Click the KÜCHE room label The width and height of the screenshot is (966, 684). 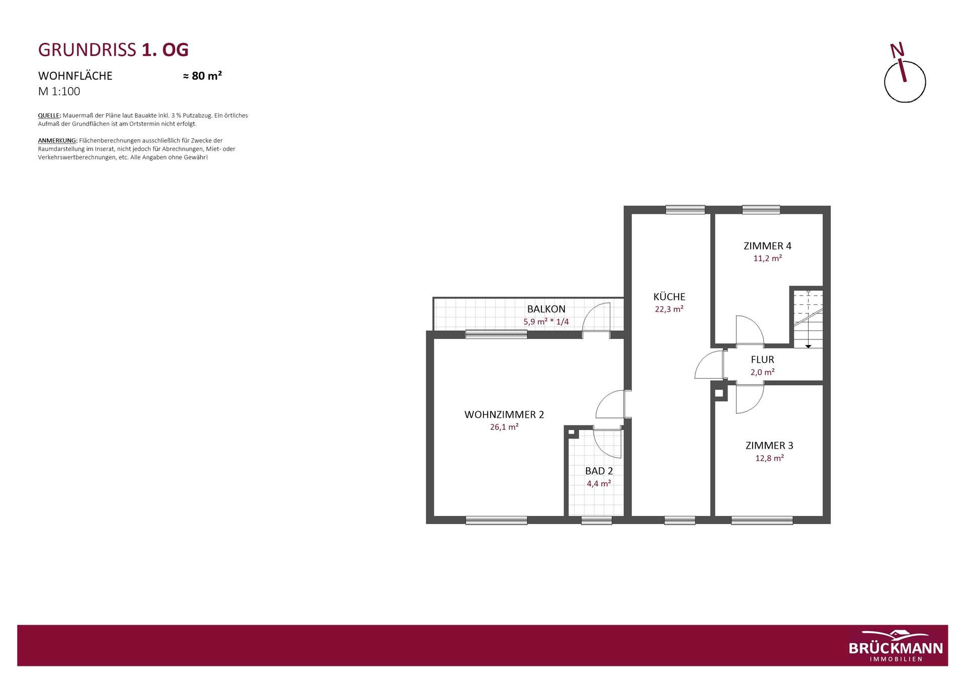pos(669,297)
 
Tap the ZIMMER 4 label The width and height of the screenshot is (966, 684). pos(767,246)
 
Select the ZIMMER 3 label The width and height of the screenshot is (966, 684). pos(769,446)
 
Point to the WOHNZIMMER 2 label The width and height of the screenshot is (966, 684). pos(504,415)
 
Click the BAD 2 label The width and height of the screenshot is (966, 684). pos(599,471)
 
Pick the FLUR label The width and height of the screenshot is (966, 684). pos(762,360)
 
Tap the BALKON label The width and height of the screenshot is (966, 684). pos(546,309)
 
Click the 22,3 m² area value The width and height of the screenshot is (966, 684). pos(669,309)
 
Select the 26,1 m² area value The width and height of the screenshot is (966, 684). pos(504,427)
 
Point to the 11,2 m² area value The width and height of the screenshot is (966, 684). pos(767,259)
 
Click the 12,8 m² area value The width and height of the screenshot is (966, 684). pos(769,458)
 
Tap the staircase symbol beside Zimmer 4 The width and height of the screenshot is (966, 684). pos(808,319)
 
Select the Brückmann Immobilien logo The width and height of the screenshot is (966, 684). pos(896,646)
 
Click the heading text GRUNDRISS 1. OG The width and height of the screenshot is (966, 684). pos(113,50)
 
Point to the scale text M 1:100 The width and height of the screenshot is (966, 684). pos(59,92)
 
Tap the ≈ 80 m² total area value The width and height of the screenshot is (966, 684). pos(202,76)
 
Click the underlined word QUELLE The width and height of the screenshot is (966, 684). pos(49,116)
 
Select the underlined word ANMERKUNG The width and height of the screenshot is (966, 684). pos(57,141)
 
